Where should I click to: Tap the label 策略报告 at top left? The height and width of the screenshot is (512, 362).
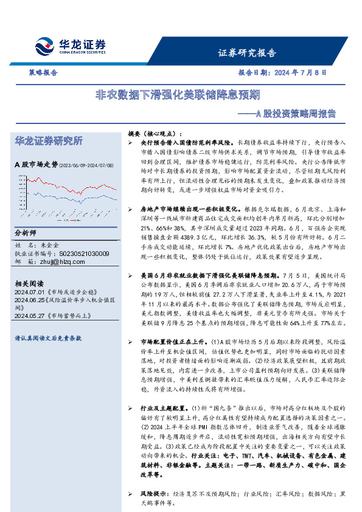click(43, 72)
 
